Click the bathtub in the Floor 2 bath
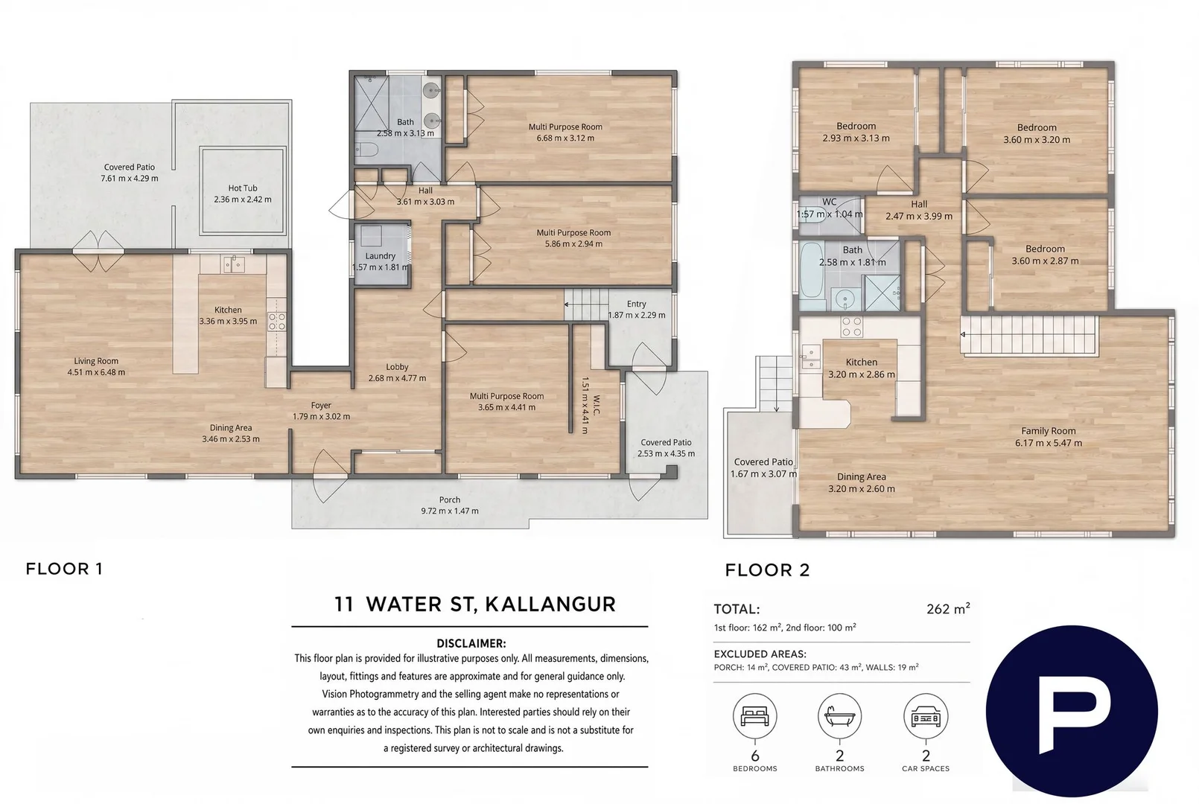pyautogui.click(x=812, y=276)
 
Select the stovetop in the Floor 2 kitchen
pyautogui.click(x=852, y=327)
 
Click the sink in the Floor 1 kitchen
pyautogui.click(x=234, y=264)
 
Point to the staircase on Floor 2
pyautogui.click(x=1028, y=335)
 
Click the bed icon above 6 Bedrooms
pyautogui.click(x=754, y=715)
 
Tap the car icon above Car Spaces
pyautogui.click(x=926, y=715)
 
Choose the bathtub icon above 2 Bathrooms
pyautogui.click(x=839, y=715)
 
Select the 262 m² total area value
pyautogui.click(x=948, y=609)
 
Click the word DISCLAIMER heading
pyautogui.click(x=471, y=643)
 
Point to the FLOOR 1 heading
pyautogui.click(x=64, y=569)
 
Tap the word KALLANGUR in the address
pyautogui.click(x=550, y=604)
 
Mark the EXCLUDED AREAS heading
pyautogui.click(x=760, y=654)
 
